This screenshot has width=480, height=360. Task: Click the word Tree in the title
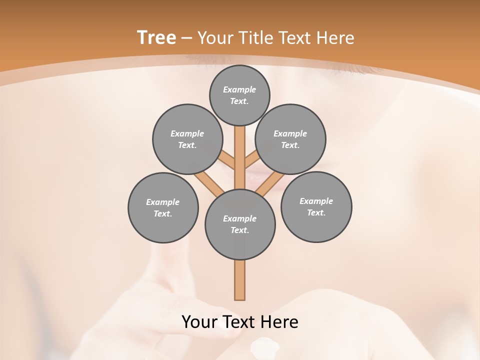pos(156,37)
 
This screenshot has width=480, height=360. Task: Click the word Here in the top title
pos(338,38)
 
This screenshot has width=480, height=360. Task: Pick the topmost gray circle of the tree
pos(239,95)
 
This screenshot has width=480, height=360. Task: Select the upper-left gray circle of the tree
pos(187,139)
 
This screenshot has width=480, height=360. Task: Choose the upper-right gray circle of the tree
pos(290,139)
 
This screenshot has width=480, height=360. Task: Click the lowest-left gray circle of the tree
pos(163,207)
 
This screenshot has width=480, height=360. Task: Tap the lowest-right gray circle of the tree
pos(316,206)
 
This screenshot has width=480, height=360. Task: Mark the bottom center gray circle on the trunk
pos(240,224)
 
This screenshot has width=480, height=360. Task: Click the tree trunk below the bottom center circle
pos(240,280)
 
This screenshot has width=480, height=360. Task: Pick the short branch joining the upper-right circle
pos(251,159)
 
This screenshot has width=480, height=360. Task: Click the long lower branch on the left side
pos(209,182)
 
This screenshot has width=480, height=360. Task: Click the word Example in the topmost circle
pos(239,89)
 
